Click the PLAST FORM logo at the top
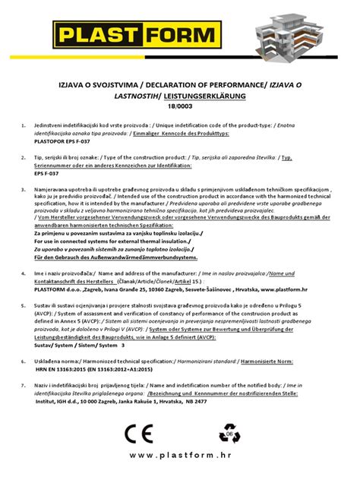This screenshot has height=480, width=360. pos(129,34)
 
